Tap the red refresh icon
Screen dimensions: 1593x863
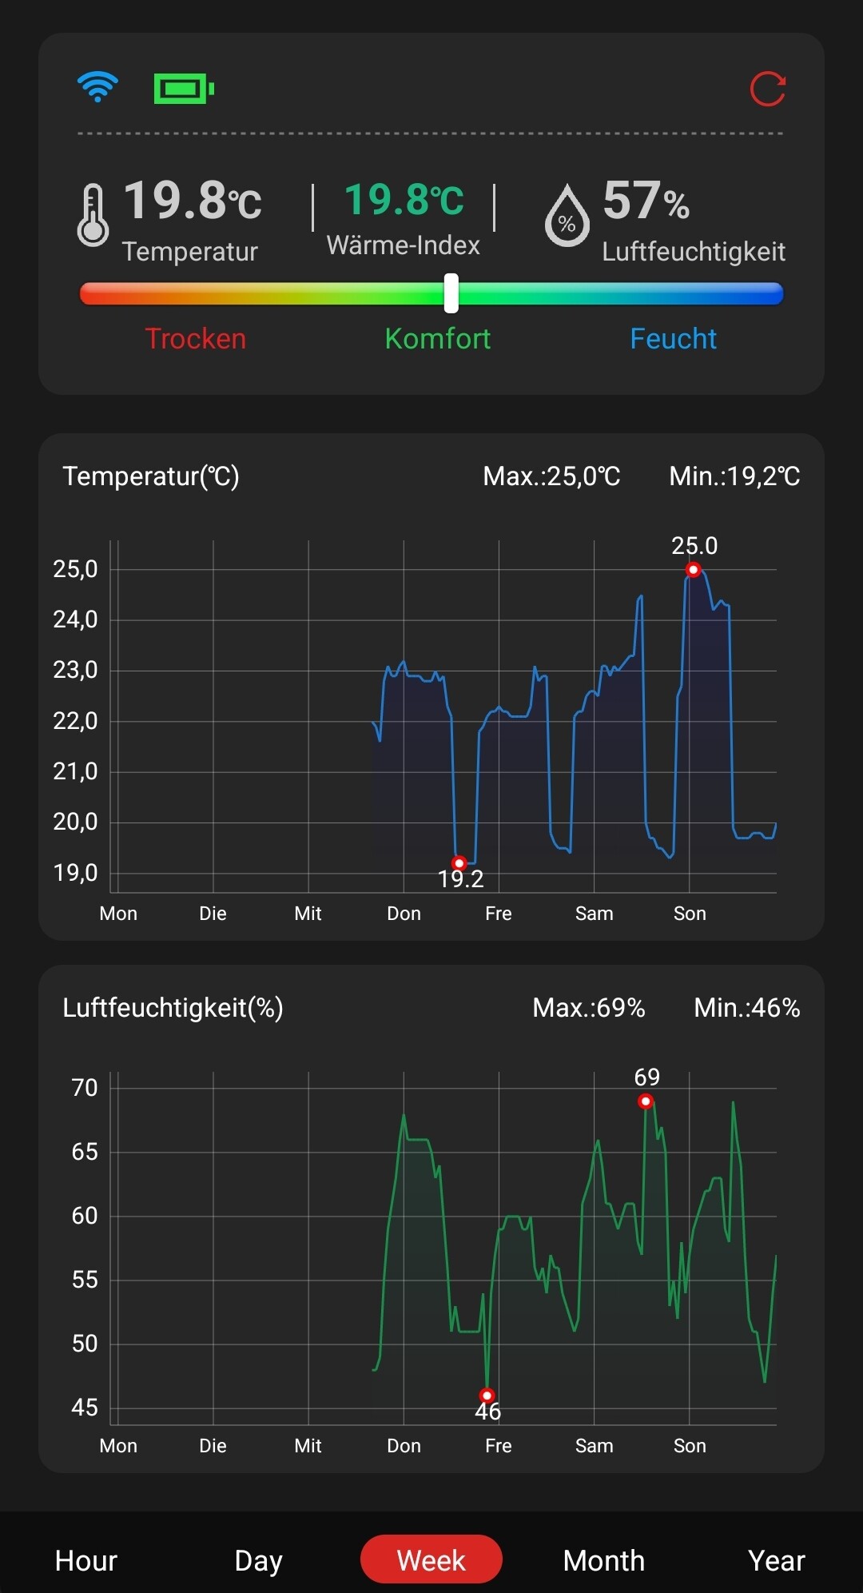767,88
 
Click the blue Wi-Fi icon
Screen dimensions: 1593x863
97,86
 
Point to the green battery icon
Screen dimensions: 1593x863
183,89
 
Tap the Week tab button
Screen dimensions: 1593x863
431,1559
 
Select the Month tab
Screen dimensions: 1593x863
603,1560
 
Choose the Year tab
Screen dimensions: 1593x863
776,1560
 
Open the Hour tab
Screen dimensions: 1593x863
86,1560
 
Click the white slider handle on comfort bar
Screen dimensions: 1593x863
451,293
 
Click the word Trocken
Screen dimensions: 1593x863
196,339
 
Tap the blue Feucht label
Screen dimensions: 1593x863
673,339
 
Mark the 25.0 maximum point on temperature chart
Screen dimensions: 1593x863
694,570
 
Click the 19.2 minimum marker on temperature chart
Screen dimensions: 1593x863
459,863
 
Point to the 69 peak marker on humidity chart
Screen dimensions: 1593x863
646,1101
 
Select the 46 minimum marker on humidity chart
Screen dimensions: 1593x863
487,1396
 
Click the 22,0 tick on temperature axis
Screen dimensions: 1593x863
75,721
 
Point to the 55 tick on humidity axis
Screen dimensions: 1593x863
85,1280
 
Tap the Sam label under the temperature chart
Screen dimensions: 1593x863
594,914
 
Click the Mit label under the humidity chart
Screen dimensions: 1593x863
308,1446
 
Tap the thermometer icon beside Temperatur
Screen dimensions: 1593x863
93,215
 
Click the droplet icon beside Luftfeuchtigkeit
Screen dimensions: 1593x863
567,216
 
